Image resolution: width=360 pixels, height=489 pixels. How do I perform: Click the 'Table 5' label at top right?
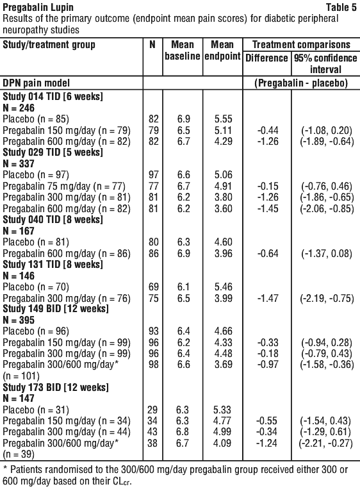click(341, 7)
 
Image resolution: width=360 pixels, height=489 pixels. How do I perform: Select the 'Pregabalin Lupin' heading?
click(38, 7)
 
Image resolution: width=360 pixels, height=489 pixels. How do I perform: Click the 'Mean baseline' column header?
click(183, 50)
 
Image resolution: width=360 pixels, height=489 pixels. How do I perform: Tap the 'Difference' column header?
click(266, 58)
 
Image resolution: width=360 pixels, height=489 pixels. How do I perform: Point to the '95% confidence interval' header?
click(325, 63)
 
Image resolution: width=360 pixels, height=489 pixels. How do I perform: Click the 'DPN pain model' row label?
click(36, 83)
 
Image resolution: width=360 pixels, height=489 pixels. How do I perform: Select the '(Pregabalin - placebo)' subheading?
click(301, 83)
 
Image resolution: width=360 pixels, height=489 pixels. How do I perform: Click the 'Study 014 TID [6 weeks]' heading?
click(53, 96)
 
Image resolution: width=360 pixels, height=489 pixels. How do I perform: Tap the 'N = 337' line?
click(19, 163)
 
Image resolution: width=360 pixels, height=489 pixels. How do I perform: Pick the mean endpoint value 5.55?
click(223, 119)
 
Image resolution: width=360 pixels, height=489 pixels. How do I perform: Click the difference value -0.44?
click(268, 130)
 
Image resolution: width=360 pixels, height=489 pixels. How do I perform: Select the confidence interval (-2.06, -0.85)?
click(327, 209)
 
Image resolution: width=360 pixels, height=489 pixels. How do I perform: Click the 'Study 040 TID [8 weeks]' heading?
click(53, 220)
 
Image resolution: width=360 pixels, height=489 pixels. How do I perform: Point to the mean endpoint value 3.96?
click(223, 253)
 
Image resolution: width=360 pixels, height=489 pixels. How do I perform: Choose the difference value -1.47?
click(268, 299)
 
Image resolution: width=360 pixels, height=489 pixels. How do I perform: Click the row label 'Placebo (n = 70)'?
click(36, 287)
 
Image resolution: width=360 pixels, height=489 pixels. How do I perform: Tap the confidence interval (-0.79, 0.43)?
click(326, 354)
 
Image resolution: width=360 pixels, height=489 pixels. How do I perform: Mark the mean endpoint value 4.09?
click(222, 443)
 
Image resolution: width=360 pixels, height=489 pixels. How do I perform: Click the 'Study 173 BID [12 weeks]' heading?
click(56, 387)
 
